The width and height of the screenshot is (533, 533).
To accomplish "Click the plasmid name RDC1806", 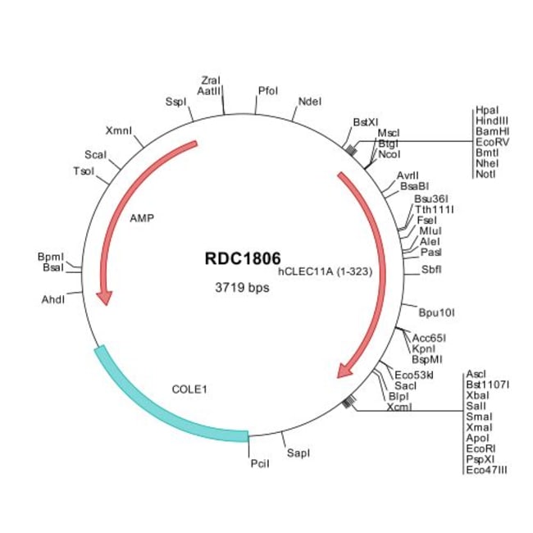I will [242, 257].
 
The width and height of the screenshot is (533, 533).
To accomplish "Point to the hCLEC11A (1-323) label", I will [326, 271].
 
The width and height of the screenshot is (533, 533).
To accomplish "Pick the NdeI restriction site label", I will [311, 101].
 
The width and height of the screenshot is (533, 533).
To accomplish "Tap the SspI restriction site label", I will [176, 102].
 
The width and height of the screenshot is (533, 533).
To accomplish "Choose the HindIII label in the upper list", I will [491, 121].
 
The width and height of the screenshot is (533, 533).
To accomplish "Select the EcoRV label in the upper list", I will [491, 142].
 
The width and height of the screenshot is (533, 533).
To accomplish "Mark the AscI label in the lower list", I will [476, 373].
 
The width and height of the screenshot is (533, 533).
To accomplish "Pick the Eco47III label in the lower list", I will [488, 469].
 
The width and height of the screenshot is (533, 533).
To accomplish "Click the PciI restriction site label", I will [259, 464].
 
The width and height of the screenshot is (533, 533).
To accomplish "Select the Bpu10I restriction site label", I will [436, 312].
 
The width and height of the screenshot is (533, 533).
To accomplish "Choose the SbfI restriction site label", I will [431, 269].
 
